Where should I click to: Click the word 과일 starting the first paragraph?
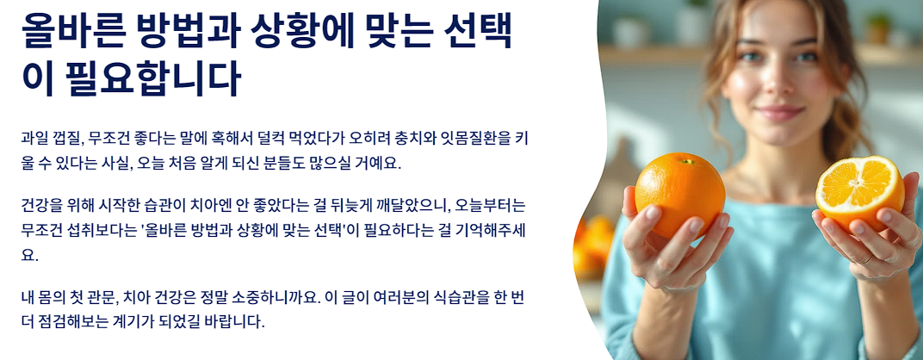tap(36, 138)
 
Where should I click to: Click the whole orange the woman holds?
tap(679, 195)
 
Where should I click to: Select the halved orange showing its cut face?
tap(859, 191)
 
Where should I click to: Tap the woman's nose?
tap(777, 84)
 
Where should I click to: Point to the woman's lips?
tap(778, 112)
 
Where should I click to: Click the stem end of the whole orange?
tap(687, 160)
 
